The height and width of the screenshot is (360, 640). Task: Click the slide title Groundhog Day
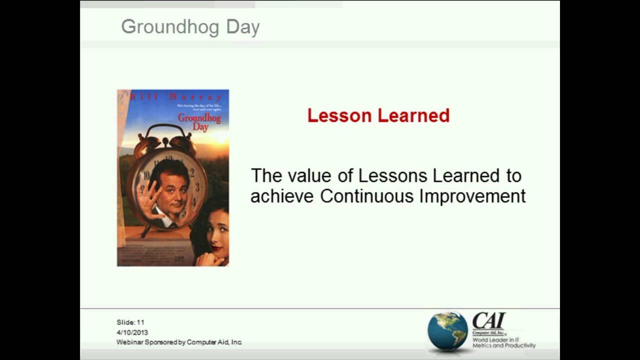[x=190, y=27]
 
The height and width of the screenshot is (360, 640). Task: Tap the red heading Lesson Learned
[x=378, y=116]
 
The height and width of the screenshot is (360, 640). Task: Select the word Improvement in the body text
[x=472, y=196]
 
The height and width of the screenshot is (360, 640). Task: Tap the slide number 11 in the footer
[x=140, y=322]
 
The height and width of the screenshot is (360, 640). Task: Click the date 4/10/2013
[x=132, y=332]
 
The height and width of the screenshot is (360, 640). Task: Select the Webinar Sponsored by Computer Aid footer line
[x=179, y=342]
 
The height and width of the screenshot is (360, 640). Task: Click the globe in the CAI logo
[x=447, y=330]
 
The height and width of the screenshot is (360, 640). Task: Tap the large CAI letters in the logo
[x=488, y=320]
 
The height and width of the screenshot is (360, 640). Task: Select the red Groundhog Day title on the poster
[x=199, y=122]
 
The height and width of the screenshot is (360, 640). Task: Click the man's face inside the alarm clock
[x=171, y=189]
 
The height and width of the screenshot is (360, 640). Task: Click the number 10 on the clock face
[x=146, y=175]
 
